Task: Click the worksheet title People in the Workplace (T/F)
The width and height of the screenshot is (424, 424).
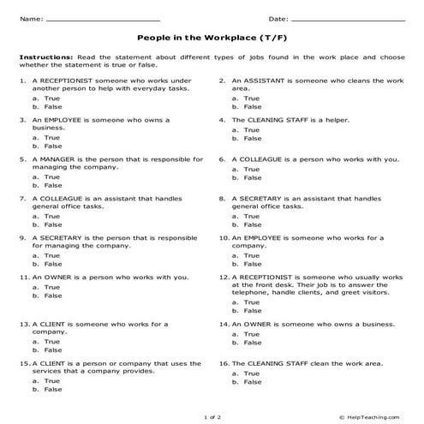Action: [x=211, y=38]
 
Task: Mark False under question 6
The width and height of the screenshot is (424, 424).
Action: [x=252, y=177]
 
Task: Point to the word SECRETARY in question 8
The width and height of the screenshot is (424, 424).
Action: [x=265, y=198]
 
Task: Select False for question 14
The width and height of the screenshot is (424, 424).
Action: [x=252, y=342]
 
